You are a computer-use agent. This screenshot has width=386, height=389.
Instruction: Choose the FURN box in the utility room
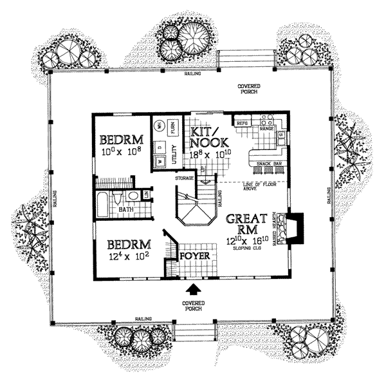click(x=173, y=126)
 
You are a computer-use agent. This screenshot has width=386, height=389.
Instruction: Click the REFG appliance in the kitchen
click(x=243, y=122)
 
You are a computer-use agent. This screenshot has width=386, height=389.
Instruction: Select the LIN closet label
click(x=147, y=194)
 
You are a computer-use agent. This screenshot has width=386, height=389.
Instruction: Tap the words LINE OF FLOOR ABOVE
click(x=260, y=187)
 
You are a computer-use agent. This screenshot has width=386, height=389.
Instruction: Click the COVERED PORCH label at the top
click(x=250, y=89)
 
